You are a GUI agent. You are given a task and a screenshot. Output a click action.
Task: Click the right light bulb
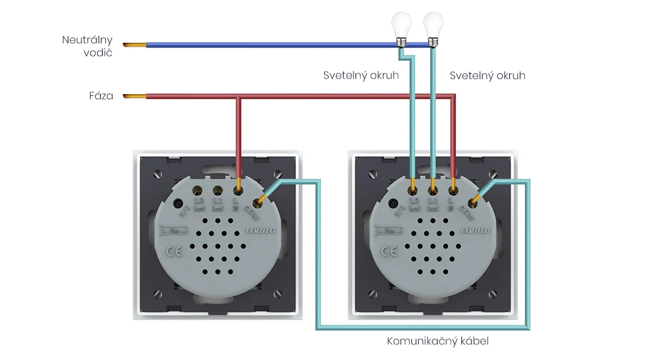point(433,27)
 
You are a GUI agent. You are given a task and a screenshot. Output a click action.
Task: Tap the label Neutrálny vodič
point(88,46)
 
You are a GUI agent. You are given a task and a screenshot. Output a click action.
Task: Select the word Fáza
point(101,97)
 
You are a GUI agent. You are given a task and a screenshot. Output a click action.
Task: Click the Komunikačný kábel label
point(438,342)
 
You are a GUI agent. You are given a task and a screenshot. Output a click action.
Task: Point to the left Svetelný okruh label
point(361,75)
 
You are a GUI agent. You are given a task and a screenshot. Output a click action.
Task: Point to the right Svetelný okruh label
point(488,75)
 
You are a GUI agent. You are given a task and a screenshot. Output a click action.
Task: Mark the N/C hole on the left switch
point(177,204)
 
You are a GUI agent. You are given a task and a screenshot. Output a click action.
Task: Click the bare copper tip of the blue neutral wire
point(134,45)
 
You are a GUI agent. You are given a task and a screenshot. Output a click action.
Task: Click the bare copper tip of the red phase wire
point(134,97)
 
